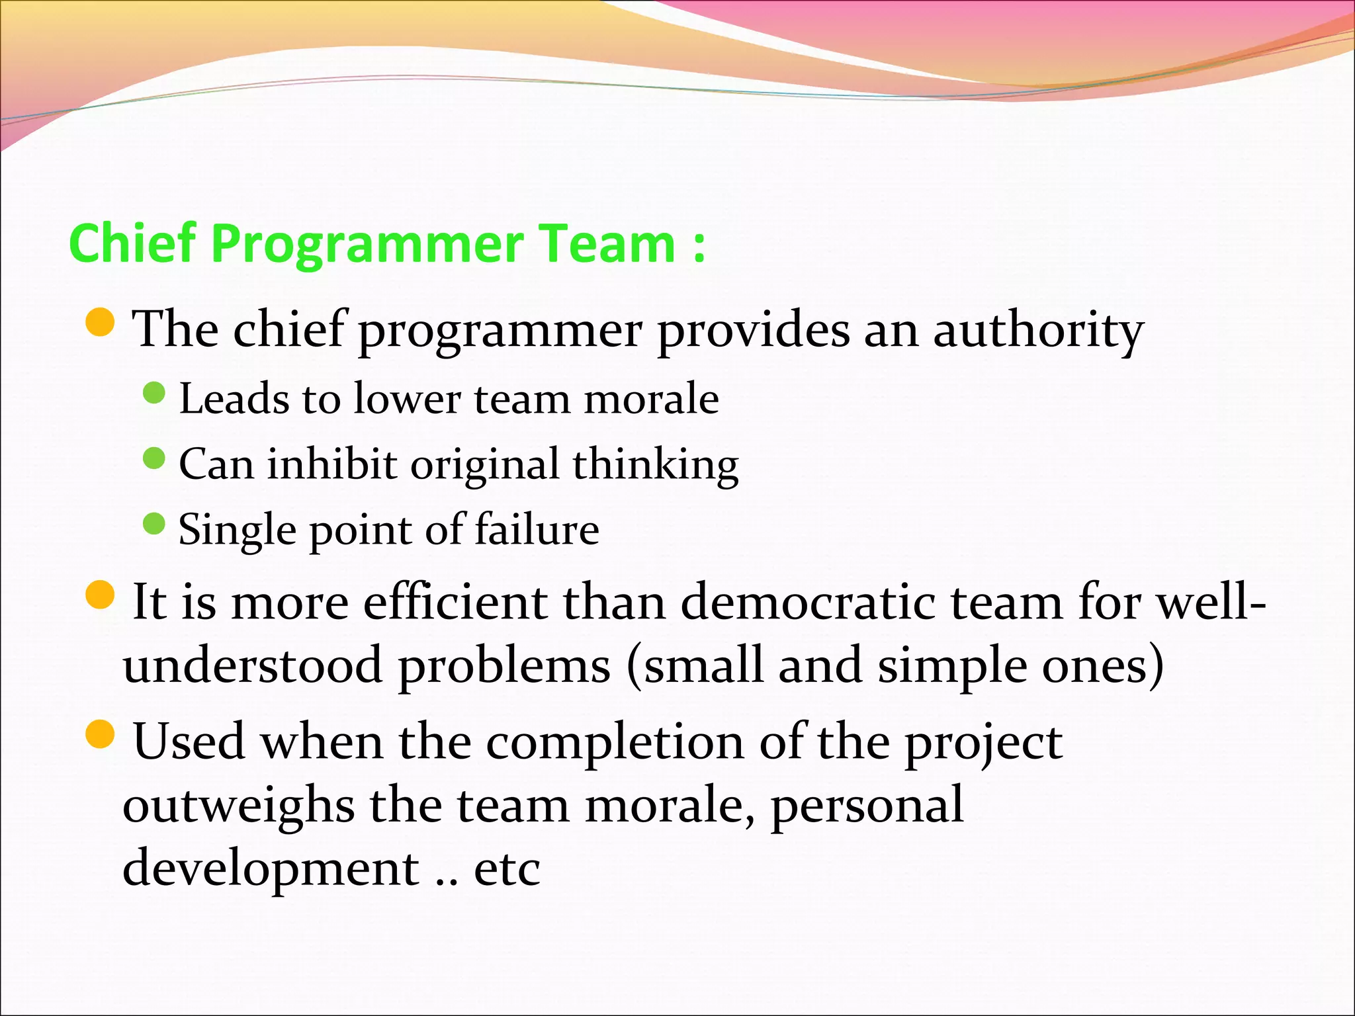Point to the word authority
point(1038,331)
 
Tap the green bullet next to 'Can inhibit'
point(153,458)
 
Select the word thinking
point(655,464)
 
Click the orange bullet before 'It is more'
point(101,594)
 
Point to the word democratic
point(808,603)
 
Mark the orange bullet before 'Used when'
point(101,734)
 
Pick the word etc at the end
point(507,869)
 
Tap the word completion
point(615,743)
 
